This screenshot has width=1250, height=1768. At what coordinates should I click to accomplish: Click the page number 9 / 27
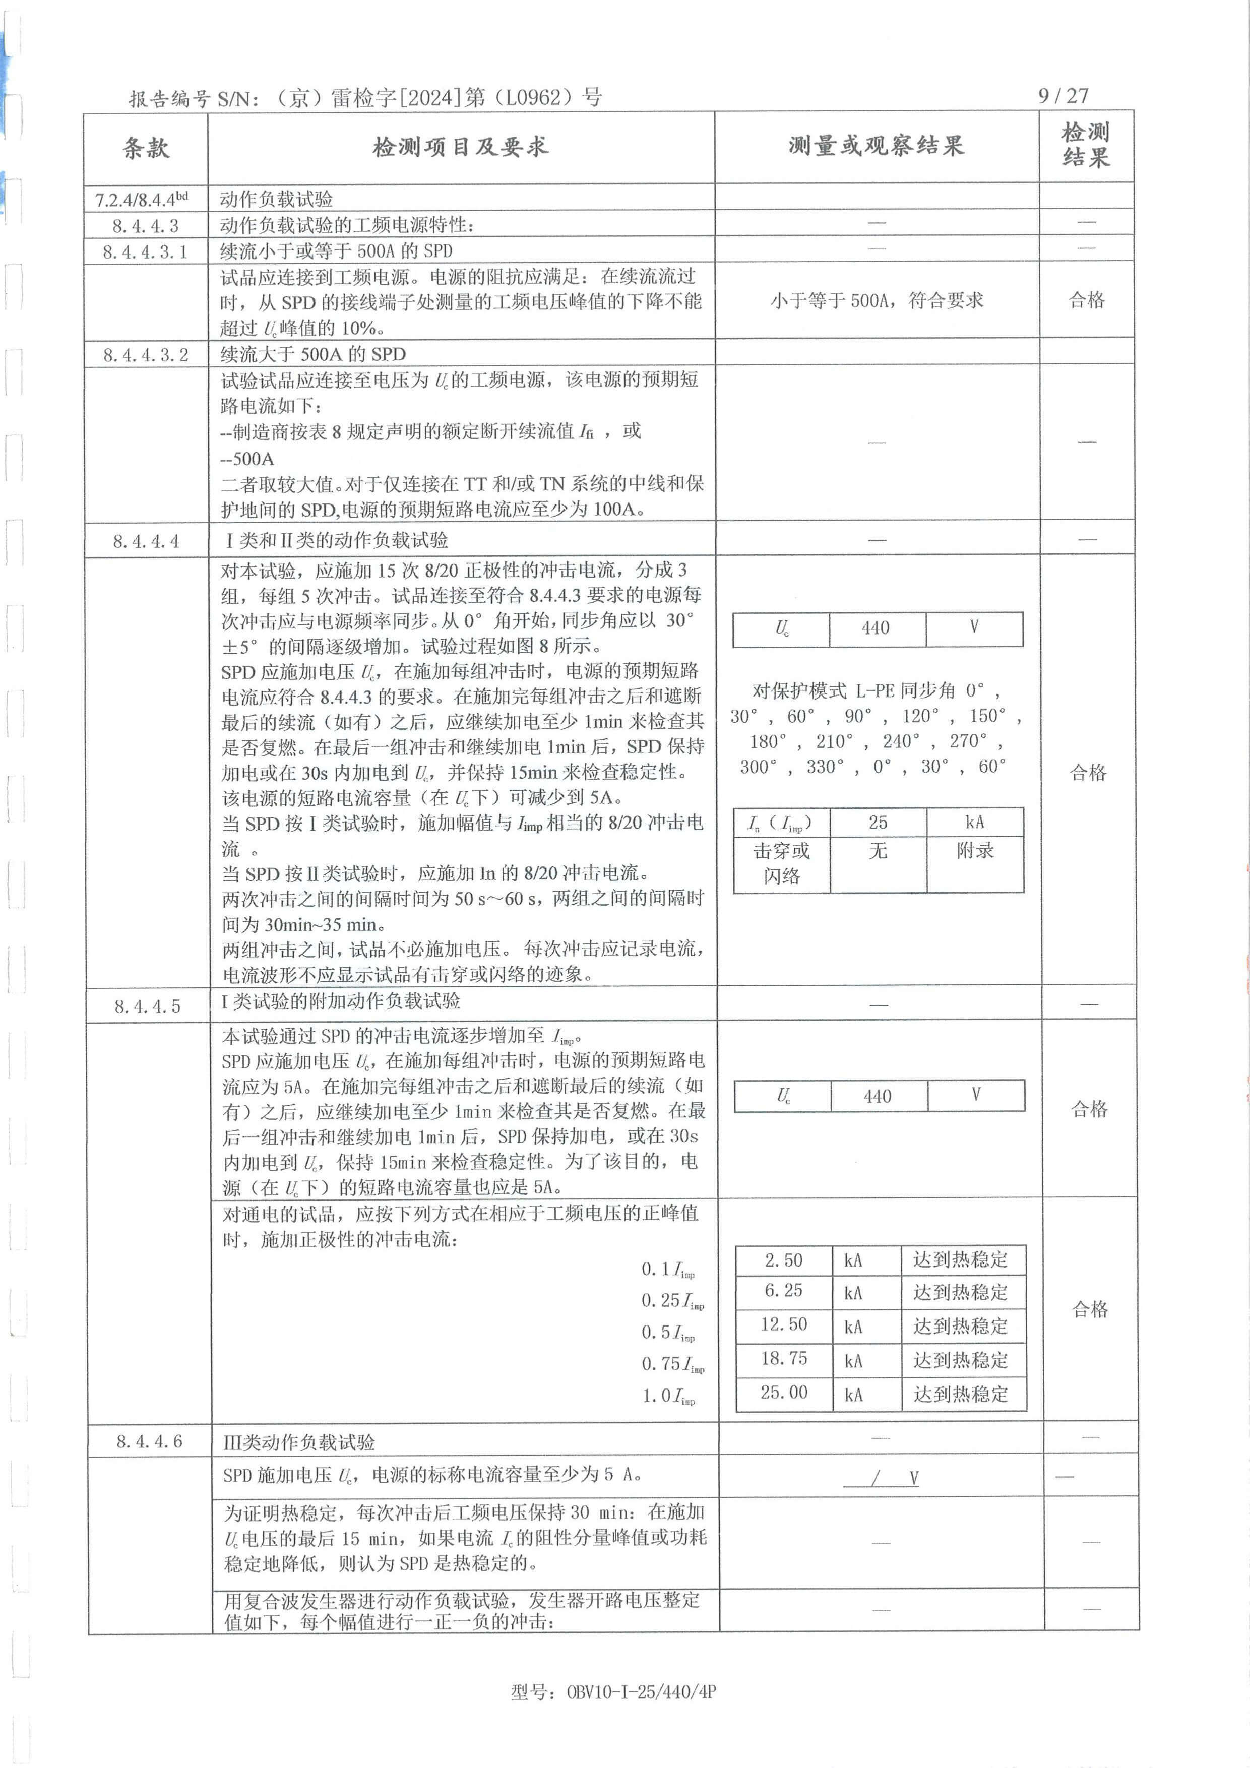click(1063, 95)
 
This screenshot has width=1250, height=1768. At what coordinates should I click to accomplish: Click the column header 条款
click(146, 147)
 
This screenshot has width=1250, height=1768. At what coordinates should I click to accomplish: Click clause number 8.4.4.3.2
click(146, 355)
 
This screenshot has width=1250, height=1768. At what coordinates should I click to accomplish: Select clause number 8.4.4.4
click(146, 541)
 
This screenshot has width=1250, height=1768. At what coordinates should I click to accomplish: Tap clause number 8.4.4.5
click(148, 1006)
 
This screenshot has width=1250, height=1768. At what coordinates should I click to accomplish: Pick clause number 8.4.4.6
click(149, 1441)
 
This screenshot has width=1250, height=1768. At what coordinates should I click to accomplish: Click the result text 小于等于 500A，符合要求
click(877, 300)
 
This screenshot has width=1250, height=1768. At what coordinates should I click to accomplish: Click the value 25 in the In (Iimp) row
click(878, 823)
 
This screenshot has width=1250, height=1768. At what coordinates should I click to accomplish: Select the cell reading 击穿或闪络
click(782, 863)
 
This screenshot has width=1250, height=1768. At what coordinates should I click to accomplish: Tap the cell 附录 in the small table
click(975, 851)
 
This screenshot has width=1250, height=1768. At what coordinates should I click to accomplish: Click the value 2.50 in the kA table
click(783, 1260)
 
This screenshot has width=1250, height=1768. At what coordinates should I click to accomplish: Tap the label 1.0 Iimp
click(668, 1396)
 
